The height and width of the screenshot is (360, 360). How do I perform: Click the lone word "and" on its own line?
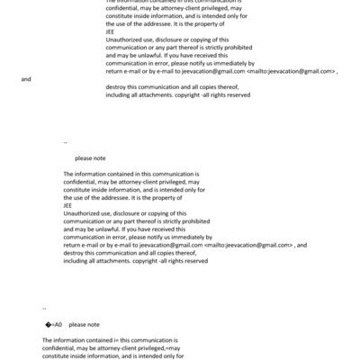coord(26,79)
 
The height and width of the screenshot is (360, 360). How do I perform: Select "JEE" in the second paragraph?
coord(67,204)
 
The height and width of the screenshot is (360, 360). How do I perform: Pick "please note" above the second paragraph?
coord(90,157)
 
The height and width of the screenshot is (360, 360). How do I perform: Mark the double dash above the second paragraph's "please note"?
coord(66,142)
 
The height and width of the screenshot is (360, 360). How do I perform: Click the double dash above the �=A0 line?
coord(44,308)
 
